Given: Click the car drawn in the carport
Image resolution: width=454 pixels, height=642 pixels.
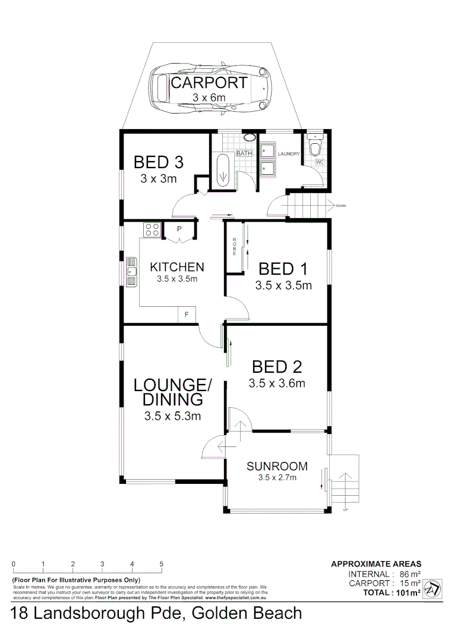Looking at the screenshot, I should (x=209, y=89).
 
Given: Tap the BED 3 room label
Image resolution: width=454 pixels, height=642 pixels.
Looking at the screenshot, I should (x=157, y=162).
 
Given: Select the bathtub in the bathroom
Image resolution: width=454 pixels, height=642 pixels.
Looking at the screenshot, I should (x=223, y=170).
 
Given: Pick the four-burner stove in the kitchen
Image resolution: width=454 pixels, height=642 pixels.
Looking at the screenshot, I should (x=152, y=229).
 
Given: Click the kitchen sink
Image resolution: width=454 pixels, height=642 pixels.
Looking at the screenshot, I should (x=132, y=272).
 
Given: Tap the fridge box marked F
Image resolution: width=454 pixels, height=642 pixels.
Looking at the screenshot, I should (x=187, y=314).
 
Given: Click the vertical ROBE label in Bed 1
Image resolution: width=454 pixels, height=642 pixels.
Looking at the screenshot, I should (x=235, y=246).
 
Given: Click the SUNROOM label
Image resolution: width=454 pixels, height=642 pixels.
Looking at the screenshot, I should (x=277, y=466).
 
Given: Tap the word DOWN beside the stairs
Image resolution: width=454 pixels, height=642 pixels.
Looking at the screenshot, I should (x=340, y=206).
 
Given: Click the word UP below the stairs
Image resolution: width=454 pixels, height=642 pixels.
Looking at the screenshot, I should (x=345, y=509).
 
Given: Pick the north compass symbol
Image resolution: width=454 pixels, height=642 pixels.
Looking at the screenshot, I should (x=433, y=588).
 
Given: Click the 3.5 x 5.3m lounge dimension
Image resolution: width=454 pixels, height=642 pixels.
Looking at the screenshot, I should (x=172, y=416).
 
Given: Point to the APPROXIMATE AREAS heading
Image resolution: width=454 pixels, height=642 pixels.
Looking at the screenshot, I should (x=376, y=564).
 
